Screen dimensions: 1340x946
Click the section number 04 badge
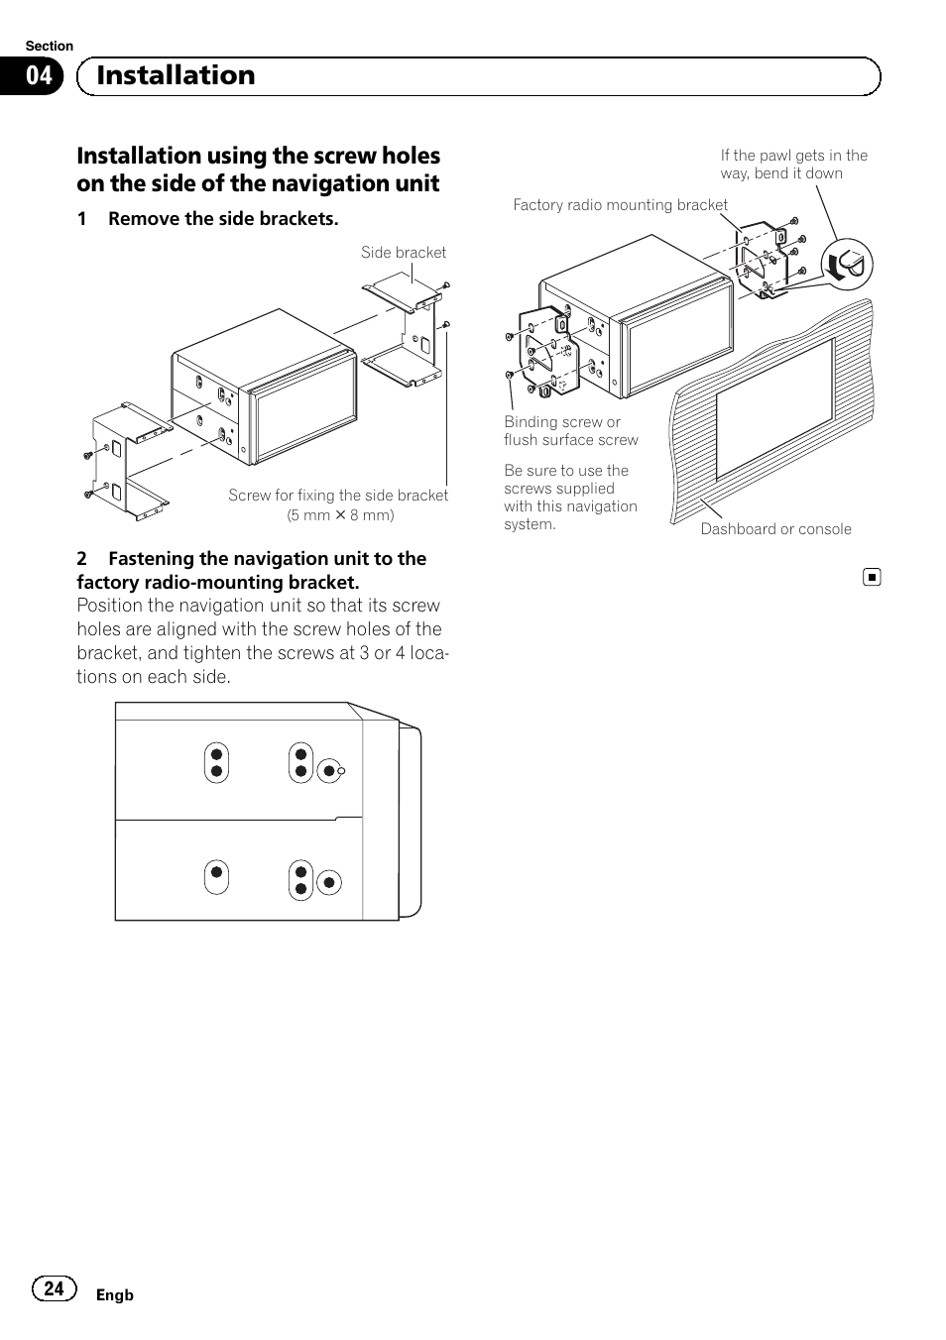coord(39,77)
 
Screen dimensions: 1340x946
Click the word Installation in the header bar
coord(176,75)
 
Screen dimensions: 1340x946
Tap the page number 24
coord(55,1288)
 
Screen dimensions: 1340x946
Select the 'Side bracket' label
coord(404,253)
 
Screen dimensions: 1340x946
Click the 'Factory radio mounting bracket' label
coord(620,205)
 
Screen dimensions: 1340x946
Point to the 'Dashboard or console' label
coord(775,529)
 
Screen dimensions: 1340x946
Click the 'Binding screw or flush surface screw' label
coord(570,431)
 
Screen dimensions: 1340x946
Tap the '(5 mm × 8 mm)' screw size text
coord(340,515)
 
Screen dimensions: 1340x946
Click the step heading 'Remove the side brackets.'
coord(223,219)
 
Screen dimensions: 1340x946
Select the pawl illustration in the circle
coord(846,264)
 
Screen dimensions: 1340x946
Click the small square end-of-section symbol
coord(871,577)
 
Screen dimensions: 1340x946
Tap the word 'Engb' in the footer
coord(114,1295)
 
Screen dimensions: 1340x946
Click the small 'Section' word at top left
coord(50,46)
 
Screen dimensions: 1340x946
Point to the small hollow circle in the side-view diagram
coord(340,771)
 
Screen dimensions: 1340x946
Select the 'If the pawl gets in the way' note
coord(793,165)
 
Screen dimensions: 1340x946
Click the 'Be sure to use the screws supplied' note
coord(570,498)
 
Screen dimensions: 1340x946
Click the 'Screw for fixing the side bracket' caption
coord(338,496)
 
